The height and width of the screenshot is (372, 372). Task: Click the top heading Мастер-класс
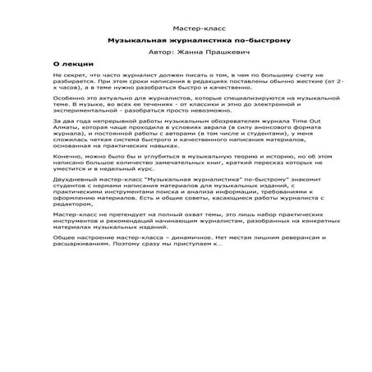click(x=186, y=28)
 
